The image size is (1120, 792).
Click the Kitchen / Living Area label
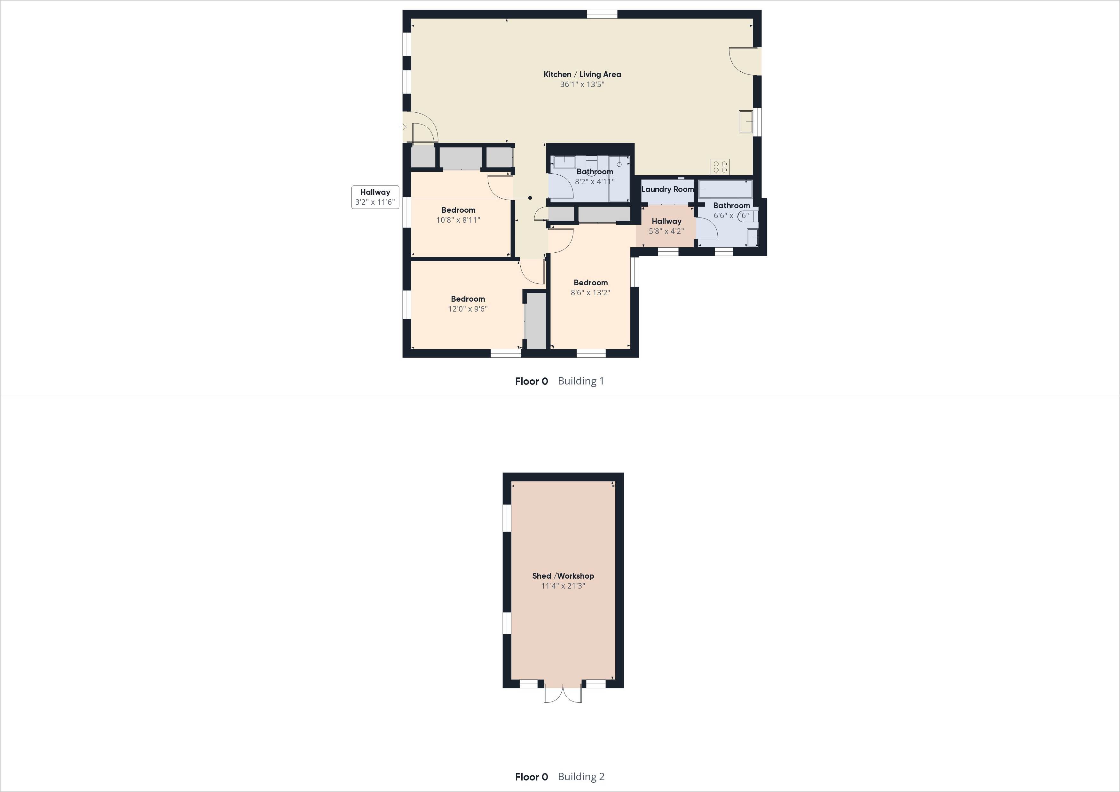pos(582,74)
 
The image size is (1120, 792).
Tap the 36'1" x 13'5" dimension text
pos(582,84)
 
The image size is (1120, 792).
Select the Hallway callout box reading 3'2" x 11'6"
pos(375,197)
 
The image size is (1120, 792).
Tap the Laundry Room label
pos(667,189)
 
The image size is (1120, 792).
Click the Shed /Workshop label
pos(563,576)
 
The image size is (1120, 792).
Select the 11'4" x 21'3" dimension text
pos(563,586)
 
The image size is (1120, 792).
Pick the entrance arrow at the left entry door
pos(403,127)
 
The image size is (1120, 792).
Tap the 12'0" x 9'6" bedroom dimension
pos(468,309)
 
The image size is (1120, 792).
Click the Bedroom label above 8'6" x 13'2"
pos(591,282)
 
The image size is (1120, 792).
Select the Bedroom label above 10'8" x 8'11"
pos(458,210)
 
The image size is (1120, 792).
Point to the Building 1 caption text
pos(580,381)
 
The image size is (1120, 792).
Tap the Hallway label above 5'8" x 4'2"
pos(666,221)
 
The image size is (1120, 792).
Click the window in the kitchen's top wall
pos(602,14)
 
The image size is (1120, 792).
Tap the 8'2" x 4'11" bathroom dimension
pos(595,182)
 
